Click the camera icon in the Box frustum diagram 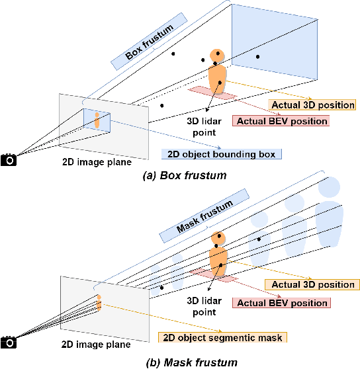coord(9,160)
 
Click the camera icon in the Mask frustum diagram coord(9,342)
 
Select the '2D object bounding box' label coord(221,154)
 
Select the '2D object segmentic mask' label coord(221,337)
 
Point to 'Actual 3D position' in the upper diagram coord(312,104)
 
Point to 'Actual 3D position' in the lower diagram coord(310,284)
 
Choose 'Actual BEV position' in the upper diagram coord(281,121)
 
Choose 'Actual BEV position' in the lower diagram coord(281,303)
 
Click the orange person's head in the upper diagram coord(216,56)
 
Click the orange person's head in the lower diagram coord(218,239)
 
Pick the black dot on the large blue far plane coord(257,57)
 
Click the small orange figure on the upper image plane coord(97,120)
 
